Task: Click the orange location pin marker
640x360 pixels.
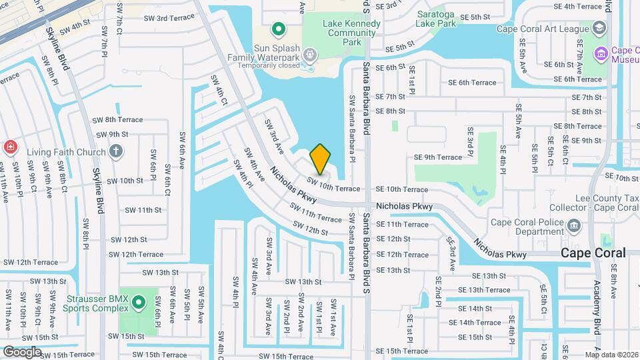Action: [321, 159]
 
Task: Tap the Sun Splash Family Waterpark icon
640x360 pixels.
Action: [310, 53]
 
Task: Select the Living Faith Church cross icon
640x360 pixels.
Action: [116, 151]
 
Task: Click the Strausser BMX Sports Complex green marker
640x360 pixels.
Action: [139, 304]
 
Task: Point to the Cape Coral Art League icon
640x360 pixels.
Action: [599, 29]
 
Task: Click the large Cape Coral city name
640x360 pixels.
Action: [593, 253]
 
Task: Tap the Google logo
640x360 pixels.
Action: [23, 351]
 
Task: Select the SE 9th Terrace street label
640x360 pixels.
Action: [437, 157]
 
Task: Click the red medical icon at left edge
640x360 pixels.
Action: [10, 147]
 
